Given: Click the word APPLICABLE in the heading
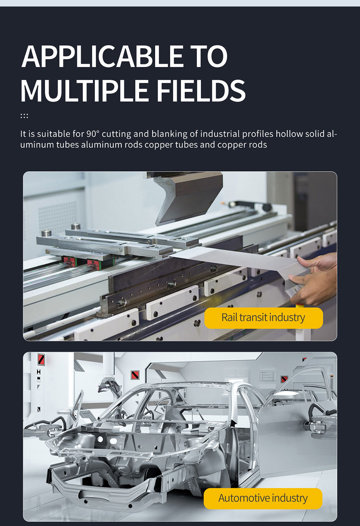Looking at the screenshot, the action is tap(103, 56).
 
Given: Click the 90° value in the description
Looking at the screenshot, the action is tap(93, 134).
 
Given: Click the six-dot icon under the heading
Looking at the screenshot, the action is tap(24, 116).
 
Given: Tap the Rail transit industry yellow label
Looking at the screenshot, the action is tap(264, 318).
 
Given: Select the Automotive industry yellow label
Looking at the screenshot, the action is tap(263, 499).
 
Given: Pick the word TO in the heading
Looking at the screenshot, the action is tap(210, 56).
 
